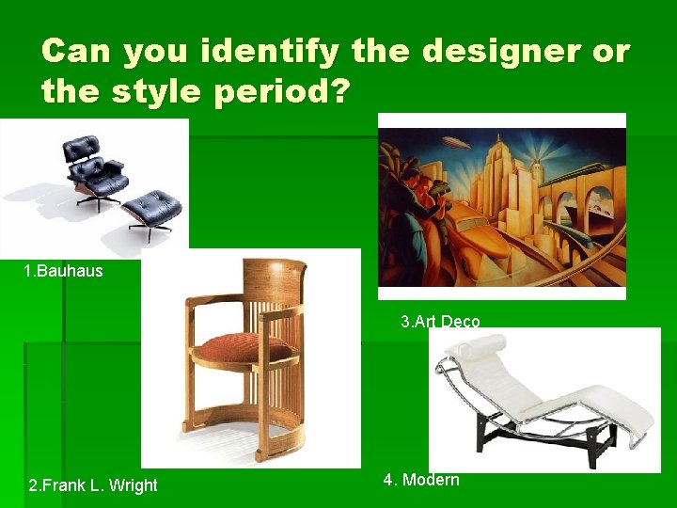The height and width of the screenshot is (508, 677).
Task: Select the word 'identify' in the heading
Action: coord(264,51)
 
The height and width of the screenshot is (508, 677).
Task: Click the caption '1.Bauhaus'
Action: coord(64,271)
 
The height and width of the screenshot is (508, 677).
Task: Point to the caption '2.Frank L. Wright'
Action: coord(93,485)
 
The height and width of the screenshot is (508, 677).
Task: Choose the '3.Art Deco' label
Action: coord(440,322)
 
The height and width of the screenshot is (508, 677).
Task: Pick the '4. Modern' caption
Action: coord(421,480)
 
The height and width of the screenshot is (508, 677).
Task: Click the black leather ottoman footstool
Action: coord(152,204)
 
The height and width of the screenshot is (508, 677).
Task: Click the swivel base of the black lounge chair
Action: coord(97,198)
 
